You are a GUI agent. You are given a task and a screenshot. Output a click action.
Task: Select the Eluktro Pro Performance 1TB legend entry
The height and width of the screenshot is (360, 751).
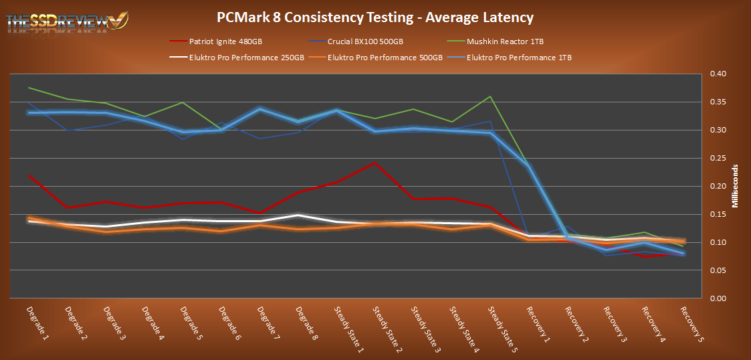(x=519, y=58)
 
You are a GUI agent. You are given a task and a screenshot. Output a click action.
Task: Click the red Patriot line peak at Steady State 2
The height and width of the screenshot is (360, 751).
(x=375, y=163)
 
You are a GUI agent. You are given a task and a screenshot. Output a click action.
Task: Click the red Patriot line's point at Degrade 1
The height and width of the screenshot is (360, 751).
(x=29, y=175)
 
